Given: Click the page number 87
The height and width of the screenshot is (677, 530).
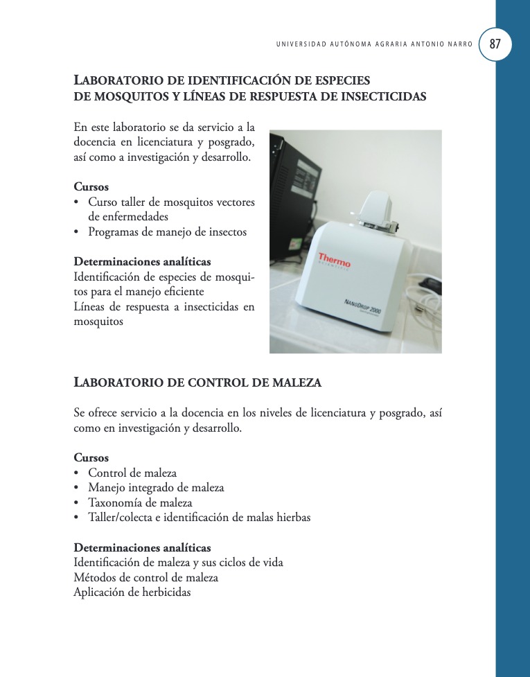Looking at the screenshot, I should pyautogui.click(x=495, y=44).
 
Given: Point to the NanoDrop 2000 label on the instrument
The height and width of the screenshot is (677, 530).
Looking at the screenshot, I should pyautogui.click(x=362, y=306).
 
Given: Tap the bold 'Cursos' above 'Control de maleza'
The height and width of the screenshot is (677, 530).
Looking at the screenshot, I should pyautogui.click(x=91, y=458).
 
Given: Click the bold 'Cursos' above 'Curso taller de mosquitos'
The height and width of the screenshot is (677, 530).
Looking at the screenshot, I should pyautogui.click(x=91, y=187).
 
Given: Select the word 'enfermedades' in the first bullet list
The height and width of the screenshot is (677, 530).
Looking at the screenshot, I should pyautogui.click(x=118, y=217).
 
